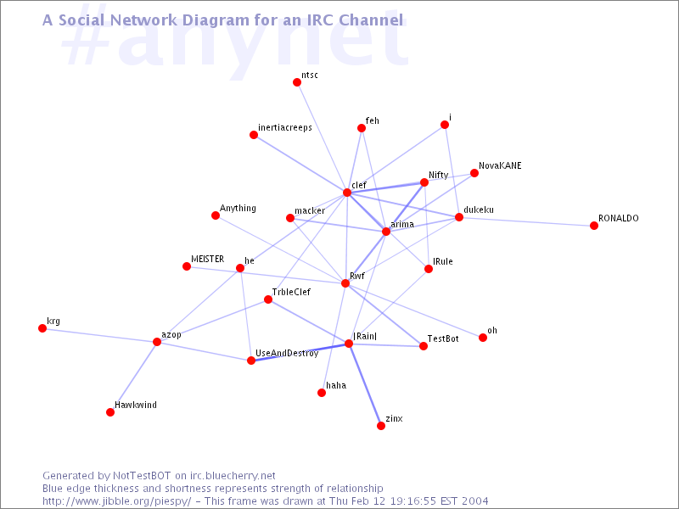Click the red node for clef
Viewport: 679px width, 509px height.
347,193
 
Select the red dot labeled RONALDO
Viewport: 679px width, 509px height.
593,226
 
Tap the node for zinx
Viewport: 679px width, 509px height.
380,426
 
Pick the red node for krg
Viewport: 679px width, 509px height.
42,328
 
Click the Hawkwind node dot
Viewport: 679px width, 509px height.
110,412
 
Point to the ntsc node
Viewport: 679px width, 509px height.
296,82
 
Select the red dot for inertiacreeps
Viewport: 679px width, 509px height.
254,135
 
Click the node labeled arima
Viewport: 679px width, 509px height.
386,232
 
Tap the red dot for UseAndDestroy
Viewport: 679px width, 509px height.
250,360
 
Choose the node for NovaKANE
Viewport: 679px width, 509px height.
474,173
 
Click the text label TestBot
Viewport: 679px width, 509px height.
443,338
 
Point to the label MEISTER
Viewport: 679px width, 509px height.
207,259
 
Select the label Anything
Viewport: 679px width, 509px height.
238,208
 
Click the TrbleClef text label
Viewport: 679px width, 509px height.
291,292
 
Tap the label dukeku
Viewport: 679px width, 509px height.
479,210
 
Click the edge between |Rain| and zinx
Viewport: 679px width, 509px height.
365,385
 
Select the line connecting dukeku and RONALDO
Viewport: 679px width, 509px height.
526,221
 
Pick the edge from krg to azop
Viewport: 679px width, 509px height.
99,335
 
